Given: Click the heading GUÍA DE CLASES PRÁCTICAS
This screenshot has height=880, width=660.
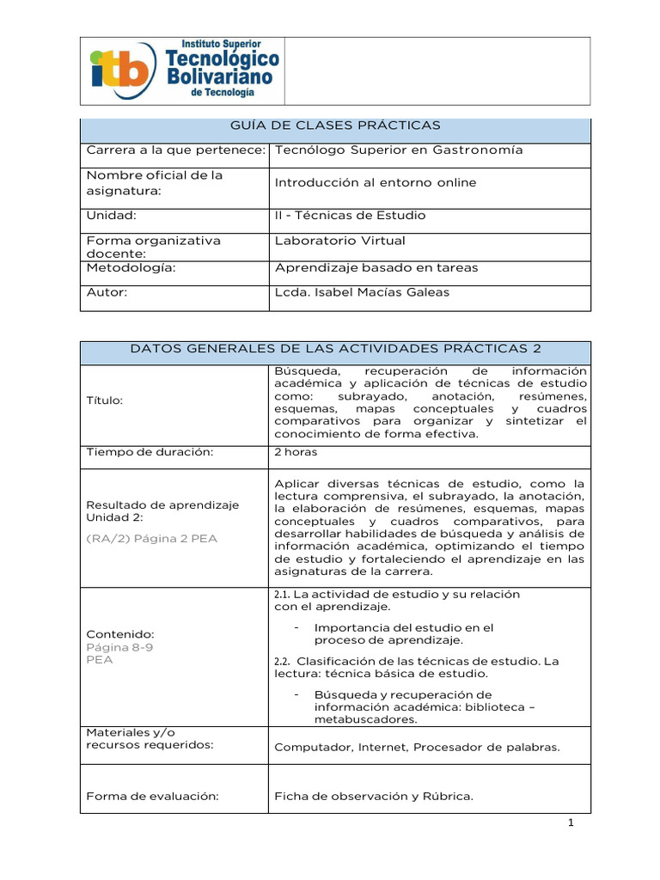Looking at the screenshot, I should point(335,125).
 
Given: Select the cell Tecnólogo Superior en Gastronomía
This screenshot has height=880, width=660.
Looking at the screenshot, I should point(398,150).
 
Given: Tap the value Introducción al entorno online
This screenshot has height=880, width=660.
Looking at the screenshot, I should point(375,182).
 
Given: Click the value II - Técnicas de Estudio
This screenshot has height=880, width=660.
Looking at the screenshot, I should point(350,215).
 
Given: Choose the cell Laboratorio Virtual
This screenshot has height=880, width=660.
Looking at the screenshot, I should point(339,241).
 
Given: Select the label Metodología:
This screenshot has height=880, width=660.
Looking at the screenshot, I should point(131,267).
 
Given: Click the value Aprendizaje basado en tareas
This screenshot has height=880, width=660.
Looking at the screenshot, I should point(376,267).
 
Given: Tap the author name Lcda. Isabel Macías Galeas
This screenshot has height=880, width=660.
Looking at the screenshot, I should point(362,292).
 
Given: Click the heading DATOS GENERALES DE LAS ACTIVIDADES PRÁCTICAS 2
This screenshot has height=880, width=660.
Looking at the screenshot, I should point(335,348).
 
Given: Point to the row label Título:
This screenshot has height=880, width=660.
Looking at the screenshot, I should point(104,400).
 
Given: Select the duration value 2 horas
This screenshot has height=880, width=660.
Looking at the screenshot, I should point(296,451).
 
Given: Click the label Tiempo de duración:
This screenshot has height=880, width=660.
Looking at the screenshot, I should point(149,451).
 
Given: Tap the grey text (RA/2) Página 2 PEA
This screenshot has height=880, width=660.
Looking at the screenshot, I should point(152,538).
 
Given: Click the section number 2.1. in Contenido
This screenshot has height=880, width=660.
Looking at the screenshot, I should point(284,595).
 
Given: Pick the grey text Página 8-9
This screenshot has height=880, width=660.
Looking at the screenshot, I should point(119,647).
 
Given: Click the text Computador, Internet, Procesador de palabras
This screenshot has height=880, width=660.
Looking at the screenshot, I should point(417,747).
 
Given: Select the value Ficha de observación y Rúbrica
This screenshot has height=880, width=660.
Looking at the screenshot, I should point(374,796).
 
